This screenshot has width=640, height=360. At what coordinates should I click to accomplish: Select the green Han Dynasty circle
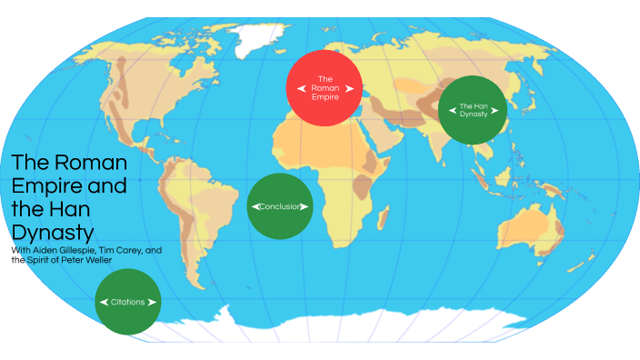pos(473,110)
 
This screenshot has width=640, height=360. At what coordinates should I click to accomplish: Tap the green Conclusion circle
pos(280,206)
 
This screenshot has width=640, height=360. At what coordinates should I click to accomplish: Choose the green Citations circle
pos(128,301)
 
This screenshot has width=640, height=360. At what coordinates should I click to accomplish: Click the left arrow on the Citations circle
pos(104,302)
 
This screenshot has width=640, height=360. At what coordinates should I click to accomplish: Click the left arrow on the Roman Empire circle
pos(304,88)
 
